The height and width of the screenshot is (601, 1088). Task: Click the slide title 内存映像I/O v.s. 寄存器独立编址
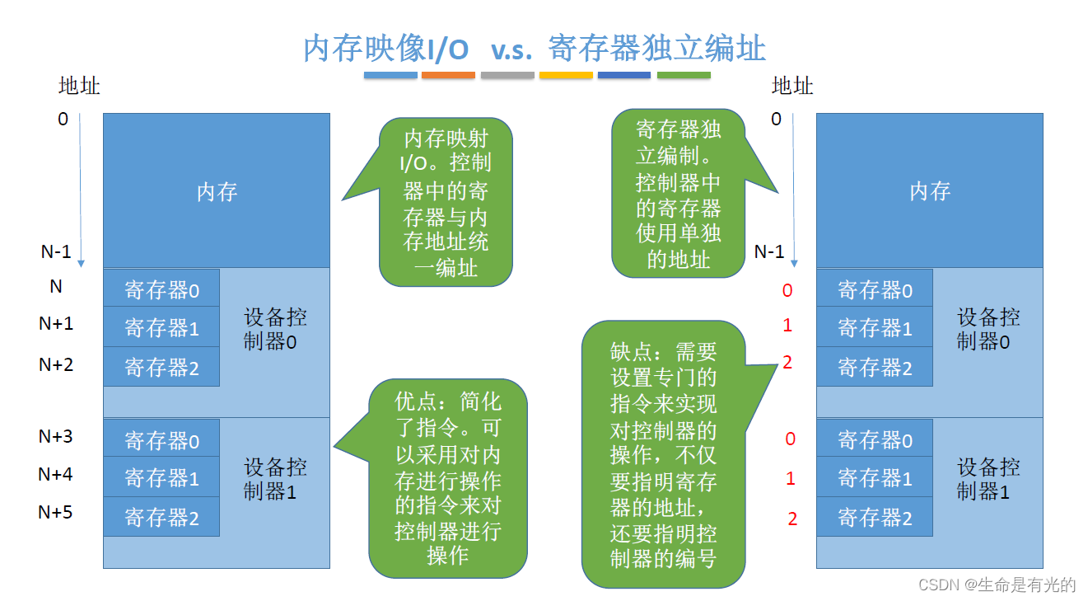535,48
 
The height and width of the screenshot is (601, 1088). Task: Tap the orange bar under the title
448,75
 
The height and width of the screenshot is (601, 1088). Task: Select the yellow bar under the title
566,75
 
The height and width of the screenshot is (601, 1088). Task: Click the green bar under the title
684,75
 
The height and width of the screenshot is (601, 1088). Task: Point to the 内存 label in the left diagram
217,192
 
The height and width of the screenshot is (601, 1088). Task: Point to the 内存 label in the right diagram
930,191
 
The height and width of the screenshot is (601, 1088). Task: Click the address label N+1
56,324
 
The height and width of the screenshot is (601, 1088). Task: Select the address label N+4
55,474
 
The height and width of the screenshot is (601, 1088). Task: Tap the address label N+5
55,512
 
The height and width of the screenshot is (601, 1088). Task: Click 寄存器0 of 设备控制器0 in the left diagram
161,289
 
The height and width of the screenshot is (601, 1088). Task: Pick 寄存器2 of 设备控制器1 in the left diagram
161,517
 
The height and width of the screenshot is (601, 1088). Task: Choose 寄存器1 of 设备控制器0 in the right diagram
875,328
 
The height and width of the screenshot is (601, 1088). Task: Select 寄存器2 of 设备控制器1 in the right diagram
875,517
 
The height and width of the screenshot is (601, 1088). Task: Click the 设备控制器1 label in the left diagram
275,480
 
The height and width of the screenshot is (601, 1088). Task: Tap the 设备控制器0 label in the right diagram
988,329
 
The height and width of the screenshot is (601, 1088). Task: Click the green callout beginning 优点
447,478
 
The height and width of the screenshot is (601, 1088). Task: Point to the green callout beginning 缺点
663,454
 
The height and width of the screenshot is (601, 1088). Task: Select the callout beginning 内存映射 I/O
446,202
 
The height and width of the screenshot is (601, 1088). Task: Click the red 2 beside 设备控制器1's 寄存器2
792,519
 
